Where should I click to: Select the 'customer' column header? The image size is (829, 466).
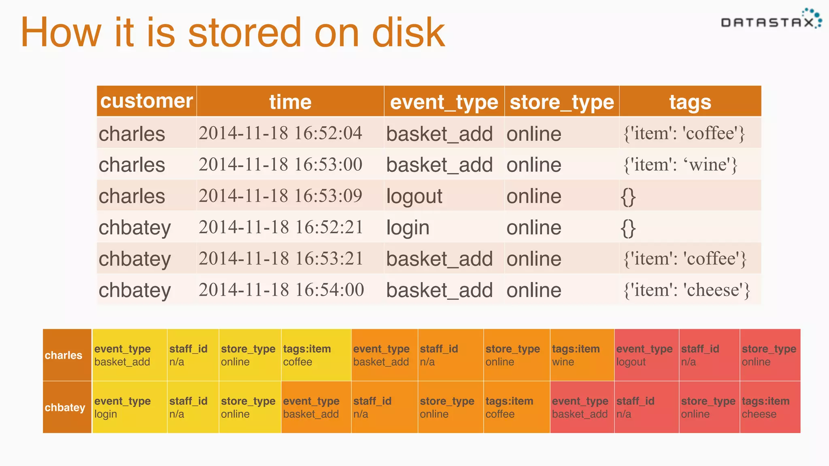point(147,101)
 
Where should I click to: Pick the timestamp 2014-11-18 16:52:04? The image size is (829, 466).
point(280,133)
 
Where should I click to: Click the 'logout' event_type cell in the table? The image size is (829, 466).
point(414,196)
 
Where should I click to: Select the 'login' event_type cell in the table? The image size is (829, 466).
point(408,227)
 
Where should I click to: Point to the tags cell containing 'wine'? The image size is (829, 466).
point(680,165)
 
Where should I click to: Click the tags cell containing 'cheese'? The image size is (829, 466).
point(687,290)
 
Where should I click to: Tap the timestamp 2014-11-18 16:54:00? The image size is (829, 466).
point(281,290)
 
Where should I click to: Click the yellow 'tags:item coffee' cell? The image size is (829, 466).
point(316,355)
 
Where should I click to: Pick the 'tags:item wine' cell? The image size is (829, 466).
point(581,355)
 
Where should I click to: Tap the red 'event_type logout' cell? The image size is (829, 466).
point(646,355)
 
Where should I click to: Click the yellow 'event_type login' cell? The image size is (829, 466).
point(130,407)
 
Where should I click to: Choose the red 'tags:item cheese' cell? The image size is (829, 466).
point(769,407)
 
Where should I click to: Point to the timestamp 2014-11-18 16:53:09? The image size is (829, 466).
point(280,196)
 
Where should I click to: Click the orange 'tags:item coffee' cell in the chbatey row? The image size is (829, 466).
point(516,407)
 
